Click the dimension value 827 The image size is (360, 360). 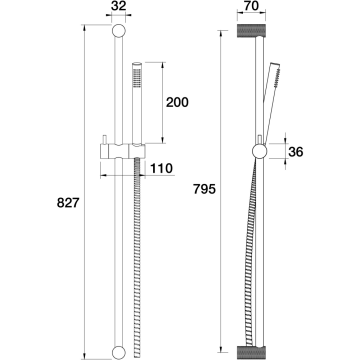(68, 203)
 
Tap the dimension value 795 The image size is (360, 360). (205, 189)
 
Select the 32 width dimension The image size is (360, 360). (118, 6)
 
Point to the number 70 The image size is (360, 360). (251, 6)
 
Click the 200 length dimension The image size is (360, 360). (177, 102)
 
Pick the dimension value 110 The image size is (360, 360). (162, 168)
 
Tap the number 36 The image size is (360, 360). (296, 152)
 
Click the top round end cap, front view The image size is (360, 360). (119, 31)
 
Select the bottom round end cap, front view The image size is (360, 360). (119, 353)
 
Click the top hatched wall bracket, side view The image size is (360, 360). (251, 31)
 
